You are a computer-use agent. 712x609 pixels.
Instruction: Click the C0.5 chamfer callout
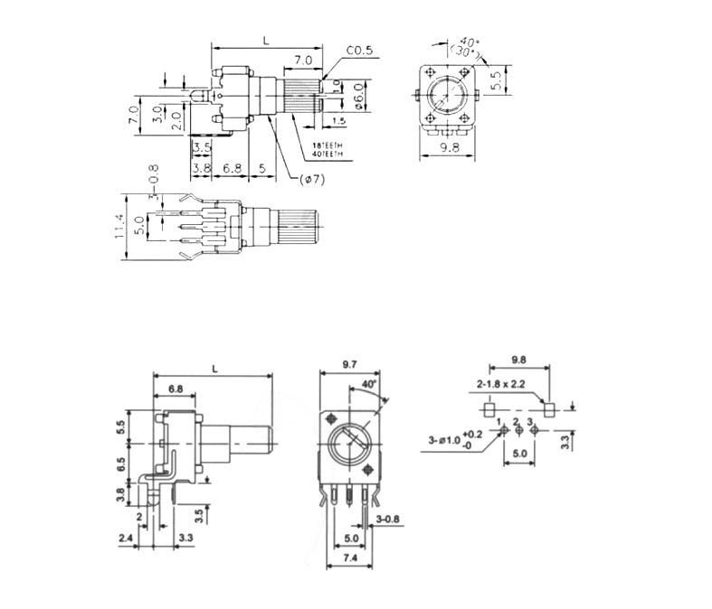[359, 51]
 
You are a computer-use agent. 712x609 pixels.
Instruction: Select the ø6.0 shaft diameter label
[358, 93]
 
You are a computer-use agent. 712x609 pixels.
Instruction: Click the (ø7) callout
[311, 180]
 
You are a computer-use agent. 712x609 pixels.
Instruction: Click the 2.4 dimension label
[125, 538]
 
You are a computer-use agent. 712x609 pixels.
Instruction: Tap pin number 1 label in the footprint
[499, 422]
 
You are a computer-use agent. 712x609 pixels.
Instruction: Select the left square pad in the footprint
[489, 408]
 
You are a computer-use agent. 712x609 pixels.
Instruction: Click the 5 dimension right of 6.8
[261, 168]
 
